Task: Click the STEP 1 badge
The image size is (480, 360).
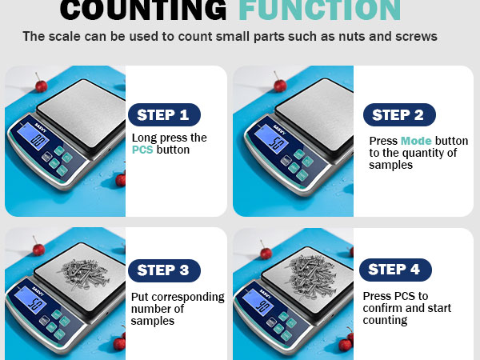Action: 163,114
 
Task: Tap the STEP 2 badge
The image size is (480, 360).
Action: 398,114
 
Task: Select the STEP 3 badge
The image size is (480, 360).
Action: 163,270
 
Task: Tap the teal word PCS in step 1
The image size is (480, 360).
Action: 142,150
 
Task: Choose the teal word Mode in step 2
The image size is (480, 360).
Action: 416,141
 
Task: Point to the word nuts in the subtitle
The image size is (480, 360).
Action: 344,37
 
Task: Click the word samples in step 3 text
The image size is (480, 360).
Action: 153,321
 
